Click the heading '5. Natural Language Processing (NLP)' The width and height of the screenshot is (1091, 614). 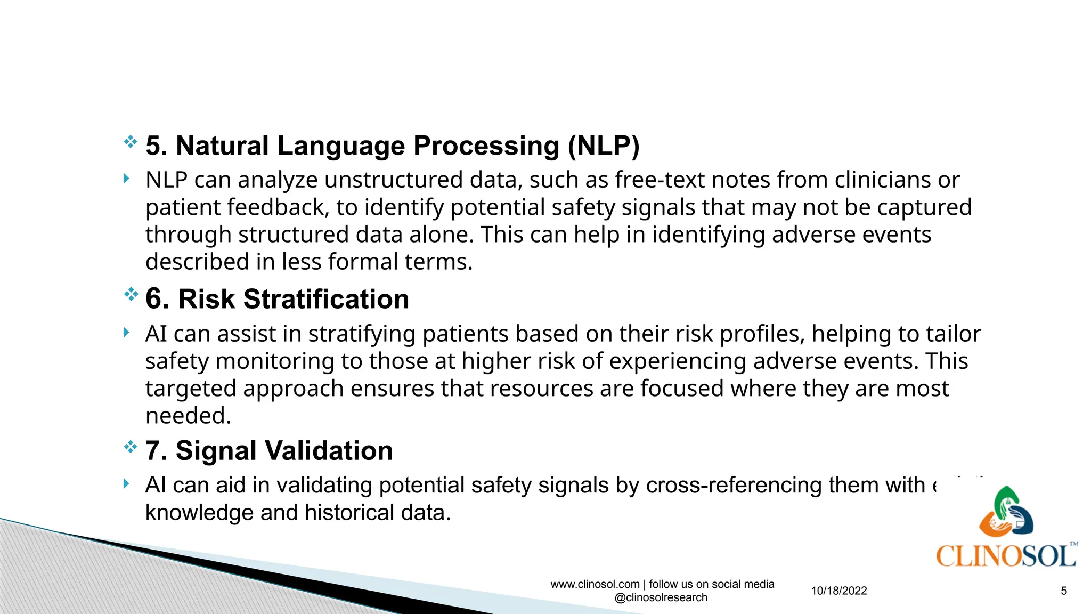[392, 146]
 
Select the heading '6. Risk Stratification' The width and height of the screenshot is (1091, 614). [277, 299]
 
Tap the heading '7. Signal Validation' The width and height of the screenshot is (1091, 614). [269, 451]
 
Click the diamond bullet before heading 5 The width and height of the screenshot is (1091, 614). [131, 142]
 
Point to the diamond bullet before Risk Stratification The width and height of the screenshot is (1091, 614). [131, 294]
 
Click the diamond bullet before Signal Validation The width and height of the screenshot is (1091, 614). [131, 447]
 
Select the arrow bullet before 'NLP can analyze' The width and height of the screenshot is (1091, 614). [126, 179]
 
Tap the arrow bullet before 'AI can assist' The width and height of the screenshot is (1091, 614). [126, 333]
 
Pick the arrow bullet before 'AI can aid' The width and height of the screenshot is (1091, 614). [126, 484]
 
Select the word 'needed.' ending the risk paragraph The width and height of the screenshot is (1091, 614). [189, 416]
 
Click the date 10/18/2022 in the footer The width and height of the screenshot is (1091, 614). [839, 591]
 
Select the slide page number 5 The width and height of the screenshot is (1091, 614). [1064, 591]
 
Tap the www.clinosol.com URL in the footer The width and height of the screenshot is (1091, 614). [595, 584]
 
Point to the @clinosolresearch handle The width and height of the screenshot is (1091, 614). [661, 597]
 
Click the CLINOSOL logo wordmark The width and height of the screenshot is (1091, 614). [1005, 556]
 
